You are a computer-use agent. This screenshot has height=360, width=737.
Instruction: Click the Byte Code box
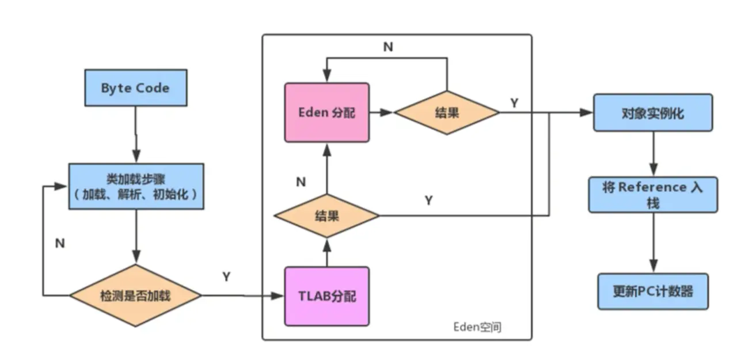[136, 88]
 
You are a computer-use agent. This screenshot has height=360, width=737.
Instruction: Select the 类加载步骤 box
[136, 186]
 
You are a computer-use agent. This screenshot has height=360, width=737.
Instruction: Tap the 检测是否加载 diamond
[135, 295]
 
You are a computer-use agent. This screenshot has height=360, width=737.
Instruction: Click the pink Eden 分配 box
[326, 112]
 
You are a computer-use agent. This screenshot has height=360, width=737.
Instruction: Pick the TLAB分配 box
[326, 296]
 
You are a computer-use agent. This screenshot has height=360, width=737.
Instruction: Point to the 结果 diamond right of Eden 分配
[447, 112]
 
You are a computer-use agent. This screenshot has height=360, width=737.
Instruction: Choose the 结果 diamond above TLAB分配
[326, 216]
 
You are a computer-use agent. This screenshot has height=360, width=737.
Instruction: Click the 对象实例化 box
[653, 113]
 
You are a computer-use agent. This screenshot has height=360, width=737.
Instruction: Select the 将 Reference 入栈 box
[653, 195]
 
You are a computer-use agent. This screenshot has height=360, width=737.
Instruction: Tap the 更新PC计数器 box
[653, 291]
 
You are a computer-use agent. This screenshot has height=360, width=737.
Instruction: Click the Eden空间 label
[477, 327]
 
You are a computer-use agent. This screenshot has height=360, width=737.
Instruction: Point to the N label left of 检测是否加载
[60, 243]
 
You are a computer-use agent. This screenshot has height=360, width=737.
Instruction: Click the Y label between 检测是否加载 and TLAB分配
[226, 276]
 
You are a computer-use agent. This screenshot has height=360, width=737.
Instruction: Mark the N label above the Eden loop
[388, 47]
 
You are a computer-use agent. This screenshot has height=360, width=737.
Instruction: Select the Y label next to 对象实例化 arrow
[514, 103]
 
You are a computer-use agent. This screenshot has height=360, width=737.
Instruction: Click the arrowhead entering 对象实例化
[586, 112]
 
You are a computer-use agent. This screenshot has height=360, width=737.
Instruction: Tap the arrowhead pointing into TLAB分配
[278, 296]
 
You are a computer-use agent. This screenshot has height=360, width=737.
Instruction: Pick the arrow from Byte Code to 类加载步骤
[136, 134]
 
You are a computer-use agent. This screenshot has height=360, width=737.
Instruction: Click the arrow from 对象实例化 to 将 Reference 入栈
[654, 154]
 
